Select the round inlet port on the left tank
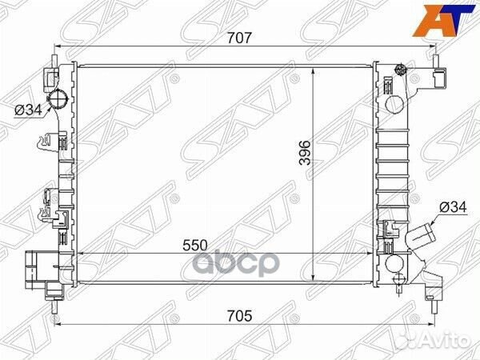59,102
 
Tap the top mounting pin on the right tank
437,58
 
